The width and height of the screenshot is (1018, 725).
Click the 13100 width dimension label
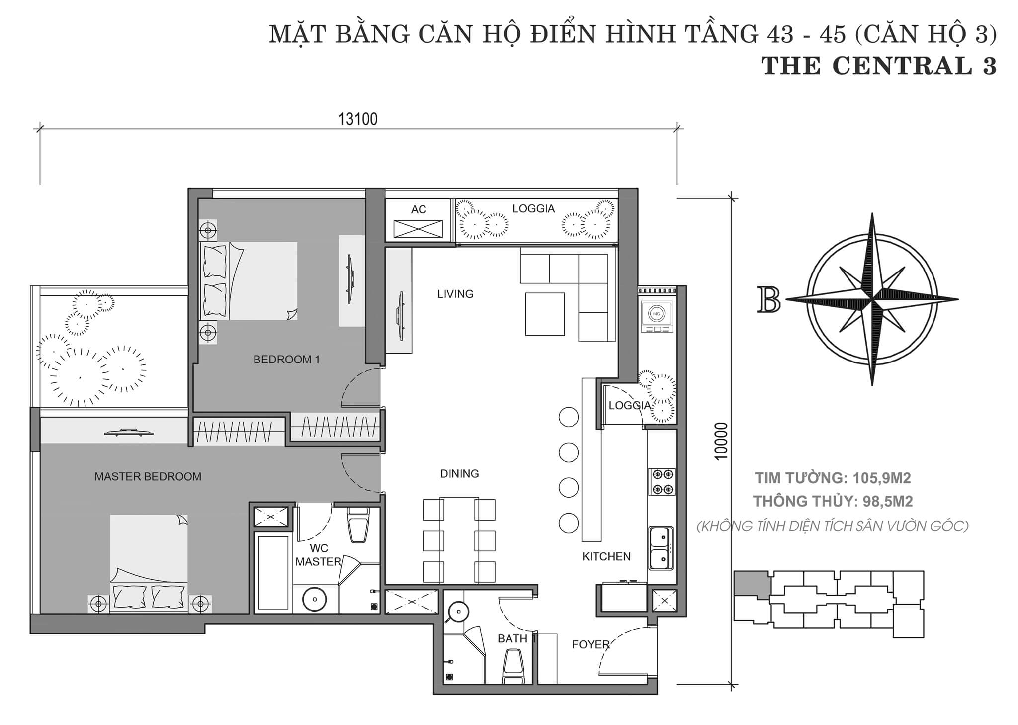[358, 119]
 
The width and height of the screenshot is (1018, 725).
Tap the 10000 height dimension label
[722, 441]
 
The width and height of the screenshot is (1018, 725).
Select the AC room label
[419, 209]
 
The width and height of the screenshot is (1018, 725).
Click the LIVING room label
[455, 294]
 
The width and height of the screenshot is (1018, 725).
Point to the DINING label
[459, 473]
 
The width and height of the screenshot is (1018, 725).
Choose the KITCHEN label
[606, 556]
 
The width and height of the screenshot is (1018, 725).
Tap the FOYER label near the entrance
[591, 645]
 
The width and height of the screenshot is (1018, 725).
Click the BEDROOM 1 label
[286, 359]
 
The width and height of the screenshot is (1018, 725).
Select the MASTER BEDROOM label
[148, 476]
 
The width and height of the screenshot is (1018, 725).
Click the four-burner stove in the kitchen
[662, 482]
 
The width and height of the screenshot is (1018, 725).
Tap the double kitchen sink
[661, 548]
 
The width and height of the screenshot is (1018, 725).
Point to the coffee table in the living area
[545, 314]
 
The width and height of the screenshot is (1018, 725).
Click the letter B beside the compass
[768, 299]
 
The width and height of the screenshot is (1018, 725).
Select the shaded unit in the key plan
[752, 583]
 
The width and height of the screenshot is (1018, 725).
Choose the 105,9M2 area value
[881, 478]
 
